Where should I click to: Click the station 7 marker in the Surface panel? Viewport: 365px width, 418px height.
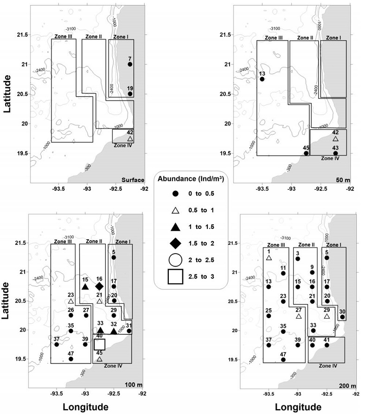(130, 64)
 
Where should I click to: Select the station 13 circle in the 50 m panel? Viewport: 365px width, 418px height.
(262, 79)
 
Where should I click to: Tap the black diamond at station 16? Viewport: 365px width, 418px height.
(99, 287)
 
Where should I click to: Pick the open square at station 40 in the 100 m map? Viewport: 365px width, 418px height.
(100, 345)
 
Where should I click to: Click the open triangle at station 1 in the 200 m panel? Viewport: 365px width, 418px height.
(269, 258)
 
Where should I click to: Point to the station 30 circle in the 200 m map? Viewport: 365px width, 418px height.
(342, 317)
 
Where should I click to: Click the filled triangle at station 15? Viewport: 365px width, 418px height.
(85, 287)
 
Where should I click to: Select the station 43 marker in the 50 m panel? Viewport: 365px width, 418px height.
(335, 153)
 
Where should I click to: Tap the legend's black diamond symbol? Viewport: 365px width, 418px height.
(175, 243)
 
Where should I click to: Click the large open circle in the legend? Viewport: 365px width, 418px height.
(175, 260)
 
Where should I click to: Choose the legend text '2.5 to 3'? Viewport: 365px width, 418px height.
(201, 276)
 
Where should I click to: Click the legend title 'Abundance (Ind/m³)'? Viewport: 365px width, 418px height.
(191, 179)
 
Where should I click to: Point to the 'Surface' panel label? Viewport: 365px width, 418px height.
(133, 180)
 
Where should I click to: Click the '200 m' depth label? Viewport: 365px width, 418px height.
(347, 386)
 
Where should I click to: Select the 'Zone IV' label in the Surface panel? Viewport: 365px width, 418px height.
(123, 145)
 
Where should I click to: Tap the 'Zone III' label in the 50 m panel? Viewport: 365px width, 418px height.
(274, 38)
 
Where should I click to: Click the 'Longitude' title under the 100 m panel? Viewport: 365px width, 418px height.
(85, 407)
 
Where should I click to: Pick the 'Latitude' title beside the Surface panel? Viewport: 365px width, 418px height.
(7, 93)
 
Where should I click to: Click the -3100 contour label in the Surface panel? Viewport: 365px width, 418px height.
(70, 29)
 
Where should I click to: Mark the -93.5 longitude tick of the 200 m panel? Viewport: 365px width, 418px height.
(269, 393)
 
